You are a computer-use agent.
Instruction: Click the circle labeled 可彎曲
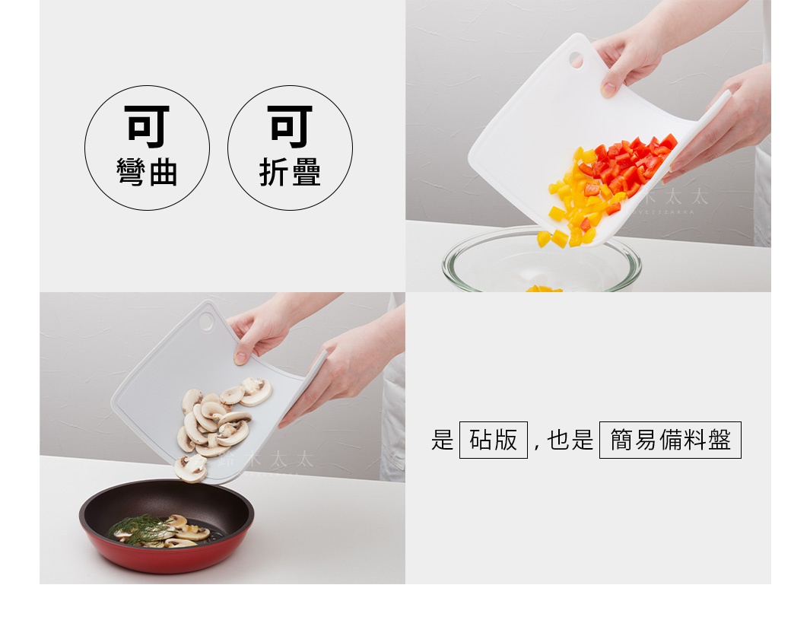point(147,148)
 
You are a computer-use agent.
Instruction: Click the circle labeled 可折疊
point(290,148)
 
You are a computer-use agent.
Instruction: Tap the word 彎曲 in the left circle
point(147,173)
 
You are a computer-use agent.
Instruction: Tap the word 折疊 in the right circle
point(290,173)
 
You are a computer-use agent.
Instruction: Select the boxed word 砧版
point(493,440)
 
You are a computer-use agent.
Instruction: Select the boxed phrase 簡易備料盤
point(670,440)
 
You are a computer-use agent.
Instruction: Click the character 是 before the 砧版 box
point(442,440)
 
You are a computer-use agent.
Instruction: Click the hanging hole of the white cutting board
point(576,59)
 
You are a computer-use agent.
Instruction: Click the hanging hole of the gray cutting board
point(207,321)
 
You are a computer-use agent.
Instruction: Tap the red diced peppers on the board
point(627,164)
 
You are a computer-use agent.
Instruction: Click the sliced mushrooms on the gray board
point(217,422)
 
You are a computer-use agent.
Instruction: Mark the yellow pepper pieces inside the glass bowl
point(543,288)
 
